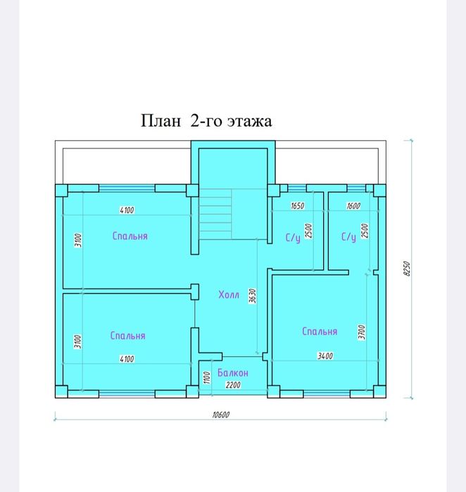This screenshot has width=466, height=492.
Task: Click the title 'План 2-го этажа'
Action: pyautogui.click(x=207, y=121)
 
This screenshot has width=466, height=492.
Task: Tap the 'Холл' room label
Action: pyautogui.click(x=229, y=295)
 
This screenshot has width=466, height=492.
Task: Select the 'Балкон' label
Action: pyautogui.click(x=232, y=372)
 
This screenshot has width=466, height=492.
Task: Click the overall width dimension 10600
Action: pyautogui.click(x=221, y=415)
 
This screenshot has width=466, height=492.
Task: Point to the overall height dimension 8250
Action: pyautogui.click(x=406, y=269)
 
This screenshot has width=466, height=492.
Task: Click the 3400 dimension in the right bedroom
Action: pyautogui.click(x=325, y=356)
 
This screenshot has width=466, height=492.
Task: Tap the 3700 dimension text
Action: pyautogui.click(x=362, y=332)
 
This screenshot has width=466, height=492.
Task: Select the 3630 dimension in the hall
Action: pyautogui.click(x=253, y=297)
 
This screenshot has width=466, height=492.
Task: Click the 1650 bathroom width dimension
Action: pyautogui.click(x=297, y=207)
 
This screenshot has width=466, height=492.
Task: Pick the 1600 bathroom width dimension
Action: pyautogui.click(x=353, y=207)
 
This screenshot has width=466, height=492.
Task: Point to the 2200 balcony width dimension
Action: pyautogui.click(x=233, y=386)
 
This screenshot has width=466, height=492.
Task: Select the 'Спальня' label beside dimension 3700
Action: pyautogui.click(x=320, y=332)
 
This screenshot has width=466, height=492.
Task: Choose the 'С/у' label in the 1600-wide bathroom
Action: pyautogui.click(x=348, y=237)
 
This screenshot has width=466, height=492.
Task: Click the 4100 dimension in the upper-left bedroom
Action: pyautogui.click(x=127, y=210)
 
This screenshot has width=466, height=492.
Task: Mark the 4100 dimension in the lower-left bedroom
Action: pyautogui.click(x=127, y=359)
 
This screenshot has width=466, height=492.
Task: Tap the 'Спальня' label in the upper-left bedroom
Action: pyautogui.click(x=130, y=236)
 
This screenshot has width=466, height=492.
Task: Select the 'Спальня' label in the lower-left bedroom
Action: pyautogui.click(x=127, y=336)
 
